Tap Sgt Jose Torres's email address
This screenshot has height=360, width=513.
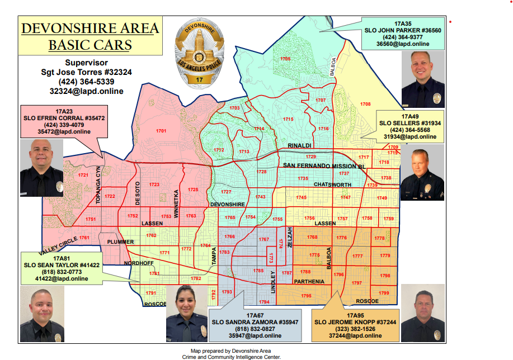(x=86, y=91)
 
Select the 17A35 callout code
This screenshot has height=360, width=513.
(x=403, y=23)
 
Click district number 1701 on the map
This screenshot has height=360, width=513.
(x=161, y=131)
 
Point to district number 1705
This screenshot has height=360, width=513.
(x=285, y=59)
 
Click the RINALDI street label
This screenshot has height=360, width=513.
(x=299, y=145)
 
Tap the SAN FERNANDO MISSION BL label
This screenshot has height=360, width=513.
(x=324, y=166)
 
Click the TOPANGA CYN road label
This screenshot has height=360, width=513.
(x=98, y=184)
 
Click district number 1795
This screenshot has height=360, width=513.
(x=306, y=295)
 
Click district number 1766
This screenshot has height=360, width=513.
(x=229, y=236)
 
